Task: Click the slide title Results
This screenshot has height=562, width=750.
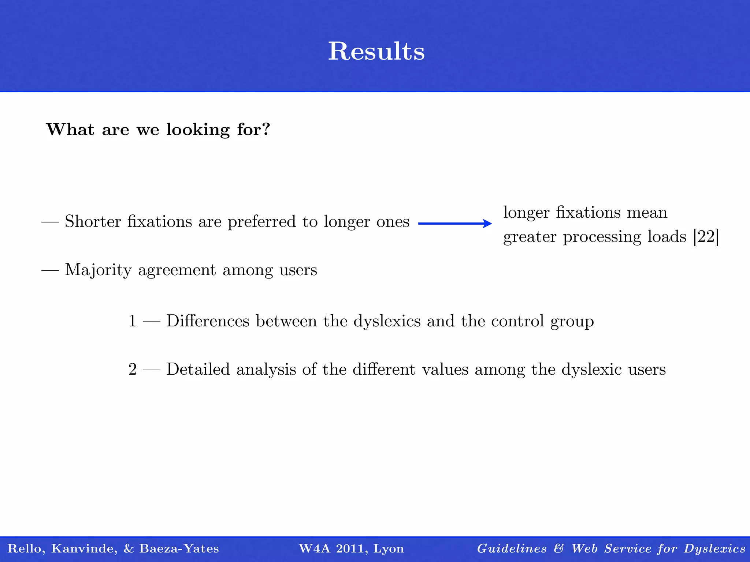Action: click(x=376, y=51)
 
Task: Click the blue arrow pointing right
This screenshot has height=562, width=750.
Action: click(x=455, y=224)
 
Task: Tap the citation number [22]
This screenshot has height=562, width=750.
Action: click(x=706, y=237)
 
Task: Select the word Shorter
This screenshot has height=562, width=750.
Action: click(x=93, y=221)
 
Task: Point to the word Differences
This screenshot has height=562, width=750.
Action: click(x=208, y=321)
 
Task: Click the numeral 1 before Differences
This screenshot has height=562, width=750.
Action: click(x=132, y=321)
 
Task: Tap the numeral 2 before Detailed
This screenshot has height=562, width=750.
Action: click(x=132, y=369)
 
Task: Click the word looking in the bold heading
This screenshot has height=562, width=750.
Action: click(x=198, y=130)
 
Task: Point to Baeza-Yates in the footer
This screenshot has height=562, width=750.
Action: click(x=179, y=548)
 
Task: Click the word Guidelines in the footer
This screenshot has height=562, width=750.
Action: click(x=512, y=548)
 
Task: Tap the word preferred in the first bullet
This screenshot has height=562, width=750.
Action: click(x=261, y=222)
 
